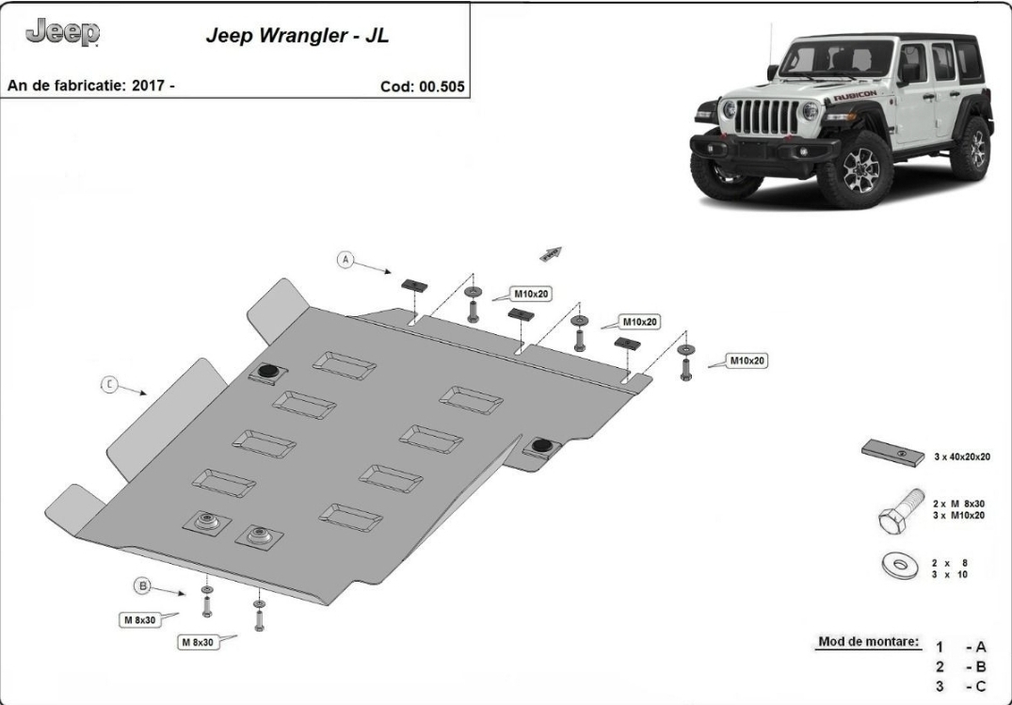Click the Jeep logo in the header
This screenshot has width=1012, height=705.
tap(63, 32)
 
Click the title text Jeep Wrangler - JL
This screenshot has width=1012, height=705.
tap(297, 36)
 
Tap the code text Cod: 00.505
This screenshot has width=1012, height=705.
tap(422, 87)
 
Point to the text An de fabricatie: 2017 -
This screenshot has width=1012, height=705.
tap(91, 86)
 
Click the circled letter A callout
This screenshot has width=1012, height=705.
tap(345, 260)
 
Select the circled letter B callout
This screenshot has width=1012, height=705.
tap(142, 586)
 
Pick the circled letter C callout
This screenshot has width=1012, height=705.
tap(110, 385)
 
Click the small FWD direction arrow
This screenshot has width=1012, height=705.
tap(551, 254)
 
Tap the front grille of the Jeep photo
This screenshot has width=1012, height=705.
tap(767, 117)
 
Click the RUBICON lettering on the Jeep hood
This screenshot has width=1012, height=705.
tap(855, 96)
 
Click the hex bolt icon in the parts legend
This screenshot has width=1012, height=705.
tap(901, 511)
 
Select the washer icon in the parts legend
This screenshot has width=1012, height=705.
tap(900, 566)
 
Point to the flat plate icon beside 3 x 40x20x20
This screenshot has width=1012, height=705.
tap(892, 453)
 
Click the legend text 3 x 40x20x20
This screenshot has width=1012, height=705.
tap(962, 457)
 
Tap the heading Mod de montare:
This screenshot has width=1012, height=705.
tap(868, 642)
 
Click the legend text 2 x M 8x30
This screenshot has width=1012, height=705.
tap(958, 504)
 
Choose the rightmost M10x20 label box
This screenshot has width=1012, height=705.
tap(747, 361)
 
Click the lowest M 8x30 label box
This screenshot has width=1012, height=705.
tap(198, 642)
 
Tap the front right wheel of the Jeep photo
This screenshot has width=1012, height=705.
tap(856, 169)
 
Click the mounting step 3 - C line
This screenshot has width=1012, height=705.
tap(962, 685)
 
